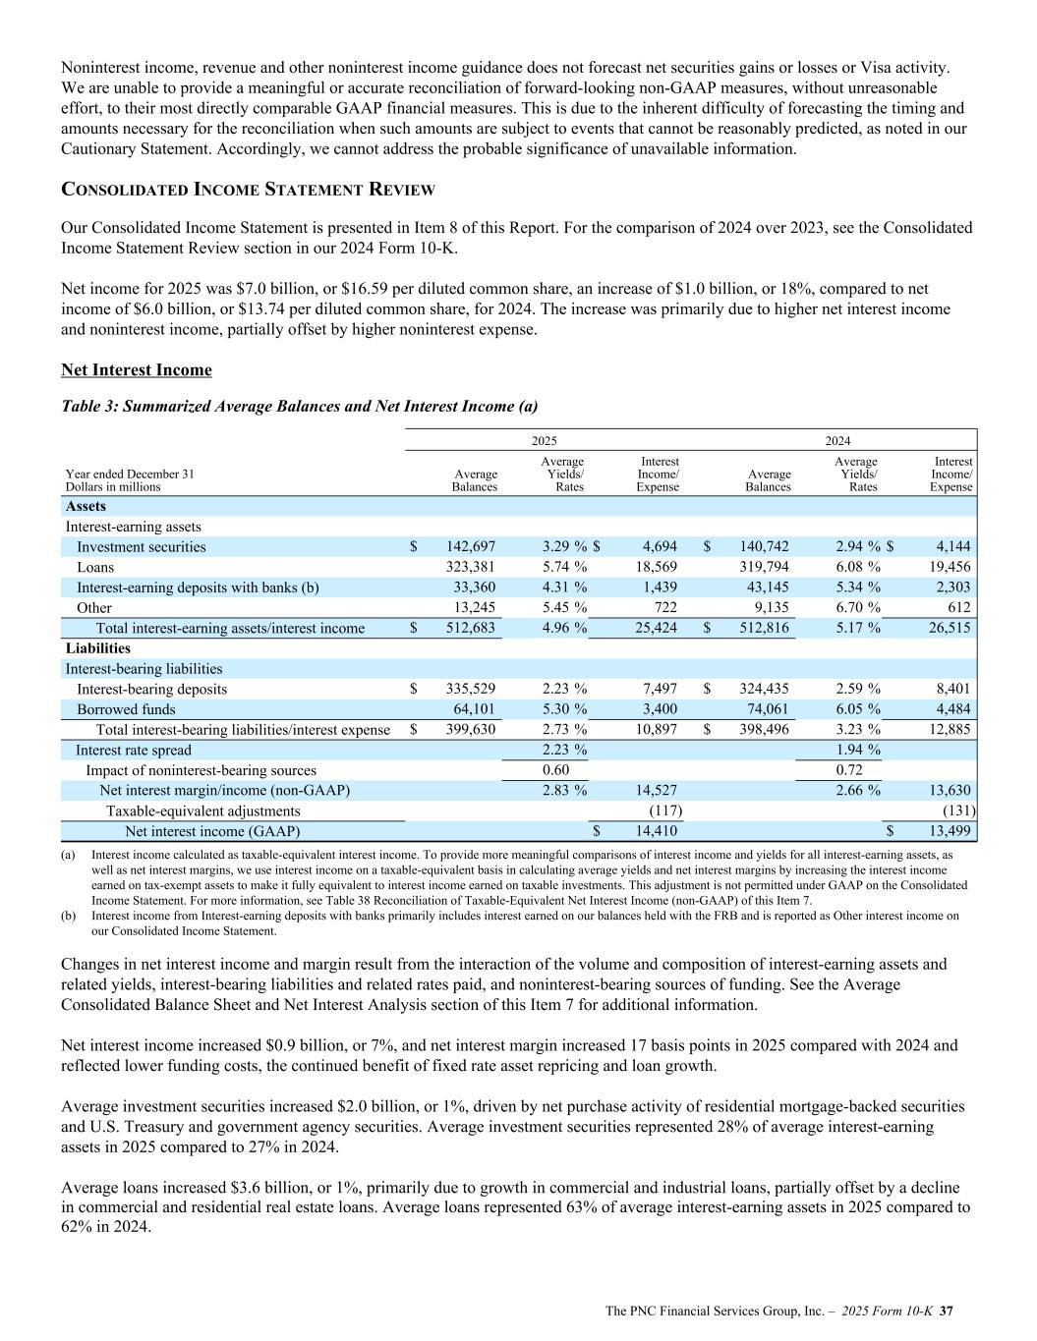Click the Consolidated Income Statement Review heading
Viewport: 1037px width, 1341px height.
click(248, 189)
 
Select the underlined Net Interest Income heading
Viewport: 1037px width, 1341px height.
click(137, 370)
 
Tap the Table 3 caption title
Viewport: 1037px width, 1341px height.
click(299, 406)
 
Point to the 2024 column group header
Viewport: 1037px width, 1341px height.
click(837, 441)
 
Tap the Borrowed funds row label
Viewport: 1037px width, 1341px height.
click(126, 709)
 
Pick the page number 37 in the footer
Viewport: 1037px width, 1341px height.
click(949, 1311)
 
